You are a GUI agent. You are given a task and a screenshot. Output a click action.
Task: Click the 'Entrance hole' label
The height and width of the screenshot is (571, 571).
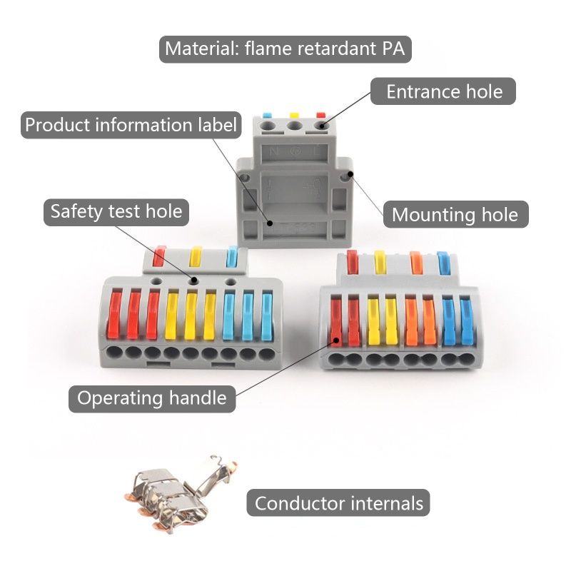point(444,92)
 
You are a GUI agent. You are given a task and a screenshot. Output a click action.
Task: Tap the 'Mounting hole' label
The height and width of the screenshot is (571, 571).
point(455,214)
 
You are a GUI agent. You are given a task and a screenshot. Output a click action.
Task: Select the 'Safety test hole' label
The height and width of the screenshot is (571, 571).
point(116,211)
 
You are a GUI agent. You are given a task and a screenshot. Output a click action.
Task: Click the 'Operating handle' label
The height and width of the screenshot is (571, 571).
point(151,398)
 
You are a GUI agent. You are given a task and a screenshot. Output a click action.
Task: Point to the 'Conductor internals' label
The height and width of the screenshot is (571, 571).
point(338,503)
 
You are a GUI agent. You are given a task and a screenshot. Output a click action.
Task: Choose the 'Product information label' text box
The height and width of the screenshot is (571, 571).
point(130,126)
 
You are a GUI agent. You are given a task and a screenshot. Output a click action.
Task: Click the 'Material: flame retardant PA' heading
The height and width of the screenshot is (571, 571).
point(285,49)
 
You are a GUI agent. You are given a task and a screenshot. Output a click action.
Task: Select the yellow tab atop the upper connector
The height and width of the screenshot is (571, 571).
point(293,114)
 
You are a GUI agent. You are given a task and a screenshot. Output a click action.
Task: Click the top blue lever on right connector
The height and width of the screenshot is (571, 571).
point(443,262)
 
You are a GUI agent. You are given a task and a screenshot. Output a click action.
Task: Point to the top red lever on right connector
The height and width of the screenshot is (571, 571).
point(351,261)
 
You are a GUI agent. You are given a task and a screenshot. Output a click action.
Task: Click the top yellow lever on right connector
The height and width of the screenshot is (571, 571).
point(380,262)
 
